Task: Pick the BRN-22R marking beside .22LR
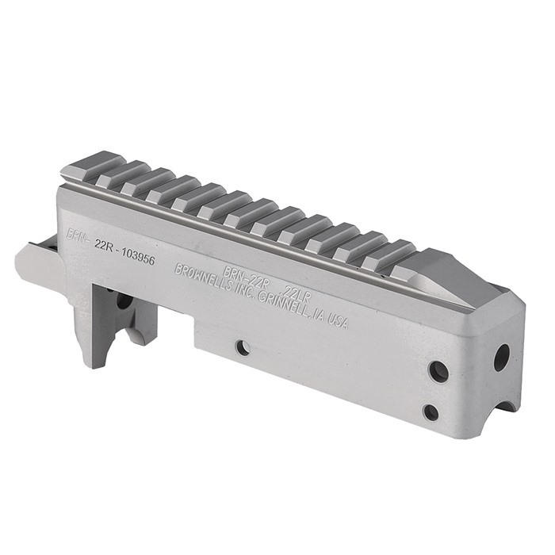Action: tap(243, 275)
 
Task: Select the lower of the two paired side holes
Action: tap(431, 412)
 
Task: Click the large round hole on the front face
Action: tap(502, 358)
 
